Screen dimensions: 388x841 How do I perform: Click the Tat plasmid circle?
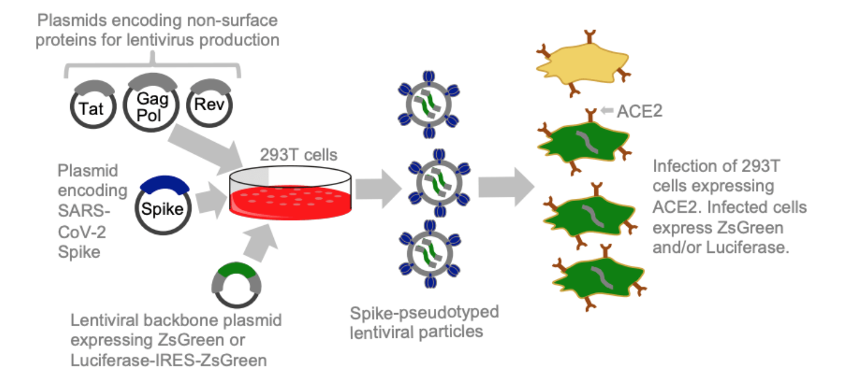click(93, 108)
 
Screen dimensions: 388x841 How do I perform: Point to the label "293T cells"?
click(299, 155)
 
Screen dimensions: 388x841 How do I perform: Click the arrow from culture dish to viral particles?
click(378, 188)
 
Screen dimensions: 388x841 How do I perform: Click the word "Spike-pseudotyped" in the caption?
click(424, 313)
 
